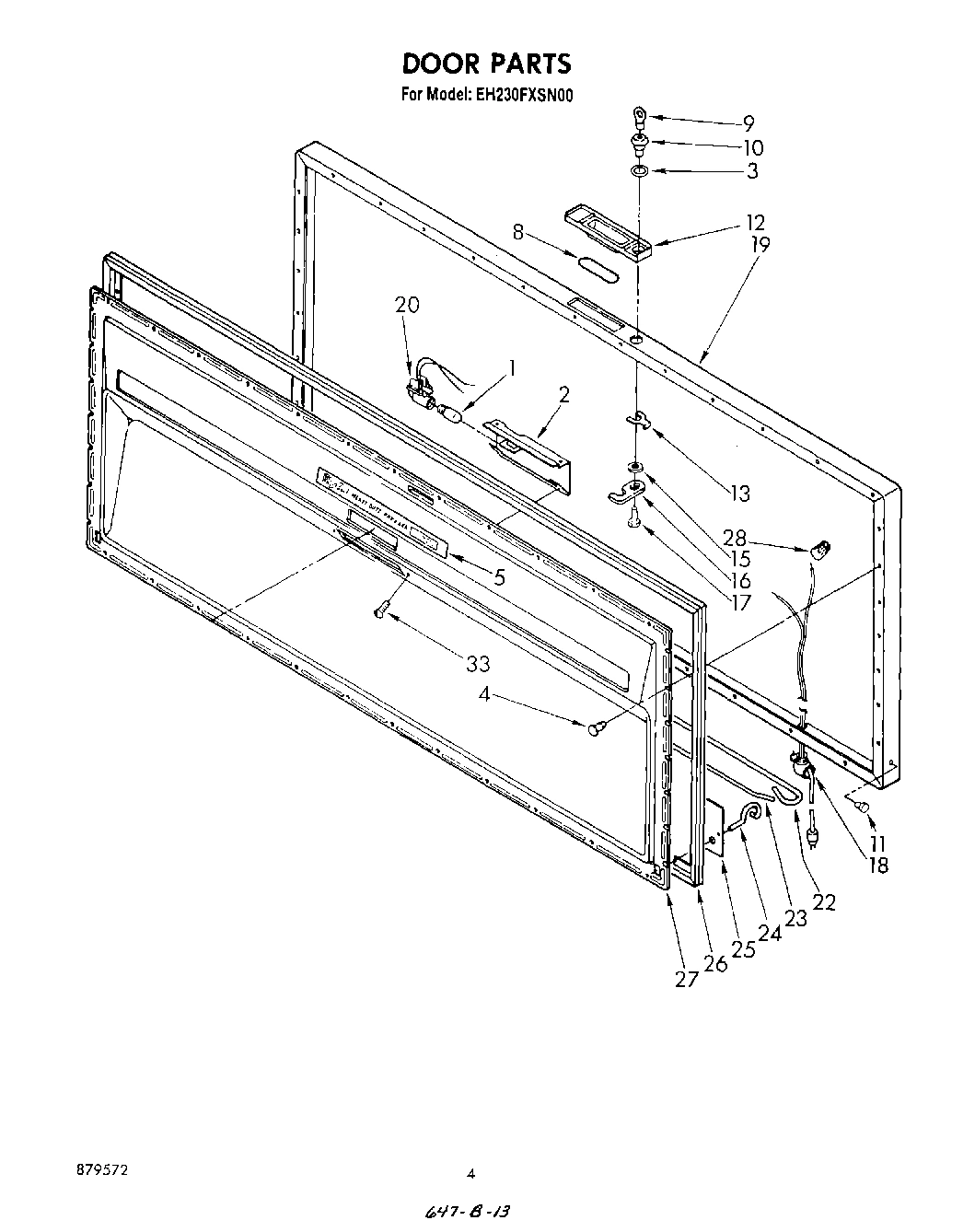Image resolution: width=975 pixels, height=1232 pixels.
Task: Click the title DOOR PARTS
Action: [486, 64]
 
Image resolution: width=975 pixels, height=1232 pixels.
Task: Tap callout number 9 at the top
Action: [749, 122]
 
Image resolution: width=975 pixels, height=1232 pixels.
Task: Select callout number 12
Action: [755, 223]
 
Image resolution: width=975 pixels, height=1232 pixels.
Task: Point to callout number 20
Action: [407, 305]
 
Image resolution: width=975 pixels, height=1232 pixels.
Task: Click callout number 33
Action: [477, 663]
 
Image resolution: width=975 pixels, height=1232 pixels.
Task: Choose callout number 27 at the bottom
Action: [686, 979]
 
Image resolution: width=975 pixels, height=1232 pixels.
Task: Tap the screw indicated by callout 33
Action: [380, 609]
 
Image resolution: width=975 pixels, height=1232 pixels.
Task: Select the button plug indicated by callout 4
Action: [595, 728]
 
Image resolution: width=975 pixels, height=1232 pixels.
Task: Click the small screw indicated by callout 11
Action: [863, 808]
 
